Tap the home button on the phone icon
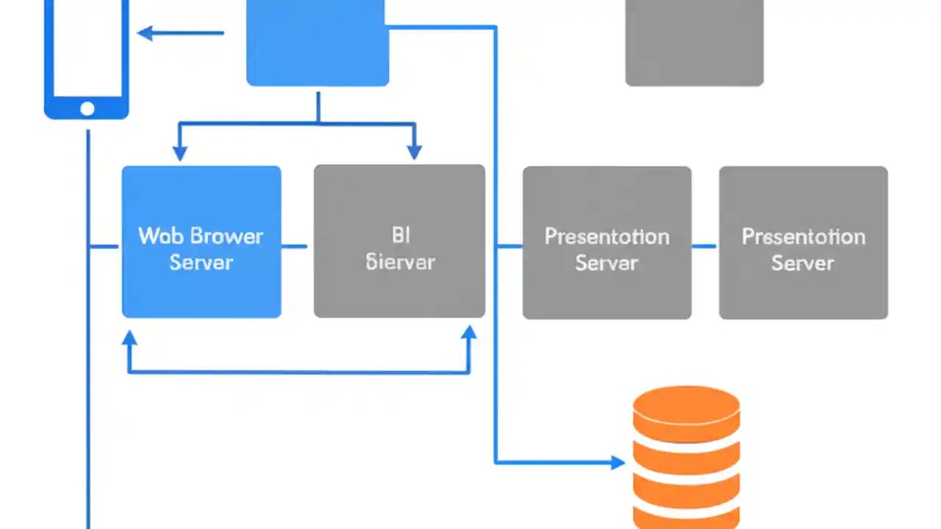[x=87, y=109]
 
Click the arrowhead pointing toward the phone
[x=146, y=33]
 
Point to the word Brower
[x=226, y=236]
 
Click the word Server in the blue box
[x=201, y=262]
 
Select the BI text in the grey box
[x=401, y=235]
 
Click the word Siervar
[x=401, y=262]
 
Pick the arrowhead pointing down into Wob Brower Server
[x=179, y=152]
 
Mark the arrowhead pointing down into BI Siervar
[x=415, y=151]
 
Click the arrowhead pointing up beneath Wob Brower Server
[x=129, y=339]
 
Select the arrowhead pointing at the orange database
[x=617, y=462]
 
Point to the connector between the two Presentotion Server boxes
[x=704, y=246]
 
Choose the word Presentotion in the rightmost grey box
[x=803, y=237]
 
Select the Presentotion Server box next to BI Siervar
[x=607, y=242]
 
